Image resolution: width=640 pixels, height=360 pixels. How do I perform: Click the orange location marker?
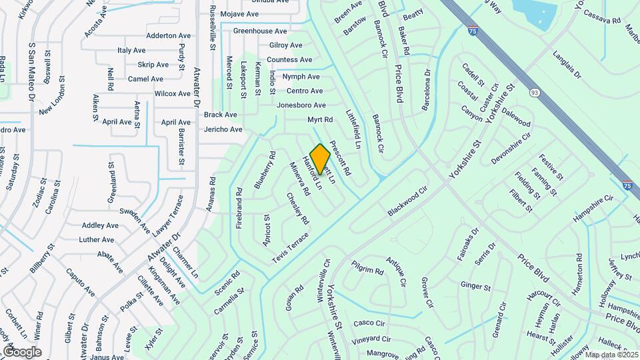(320, 159)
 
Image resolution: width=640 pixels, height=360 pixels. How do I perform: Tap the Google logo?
(22, 351)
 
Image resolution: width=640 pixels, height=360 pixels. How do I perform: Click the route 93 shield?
(534, 92)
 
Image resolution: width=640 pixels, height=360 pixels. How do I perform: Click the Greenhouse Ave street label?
(260, 31)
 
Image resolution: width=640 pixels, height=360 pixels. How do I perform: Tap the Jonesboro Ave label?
(301, 105)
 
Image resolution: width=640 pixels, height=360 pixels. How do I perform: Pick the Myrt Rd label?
(320, 120)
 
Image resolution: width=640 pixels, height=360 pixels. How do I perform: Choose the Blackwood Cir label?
(407, 201)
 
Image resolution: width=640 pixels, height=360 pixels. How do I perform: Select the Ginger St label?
(475, 287)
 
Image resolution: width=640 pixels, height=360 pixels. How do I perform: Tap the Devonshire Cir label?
(511, 148)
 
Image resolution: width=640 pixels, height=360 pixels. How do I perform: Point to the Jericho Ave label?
(223, 129)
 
